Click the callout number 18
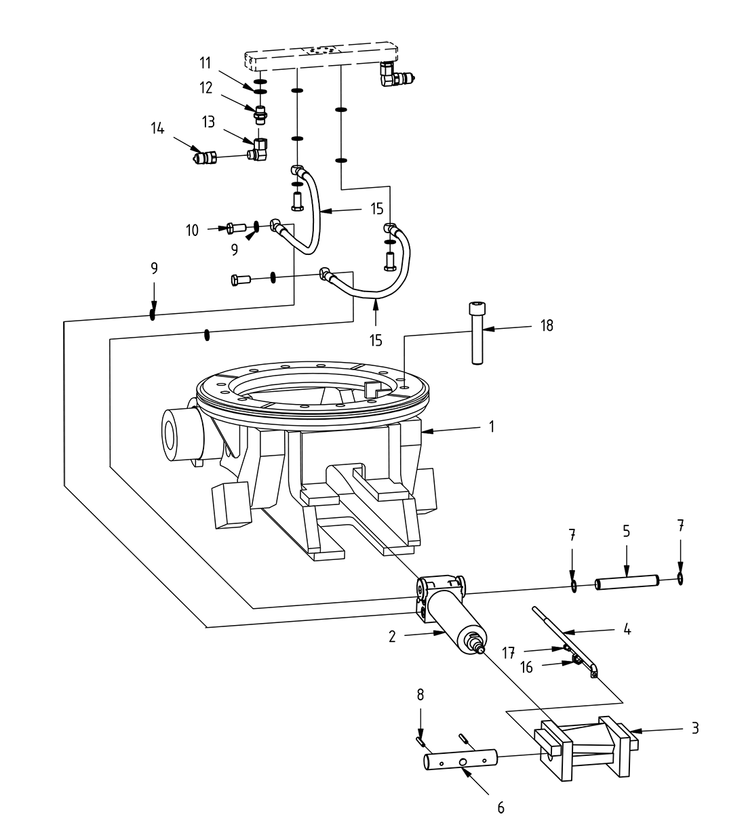[x=547, y=325]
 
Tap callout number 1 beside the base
[x=492, y=427]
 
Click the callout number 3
[x=694, y=729]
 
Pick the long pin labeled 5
[x=627, y=582]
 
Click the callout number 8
[x=420, y=694]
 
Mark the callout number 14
[x=157, y=127]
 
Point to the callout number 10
[x=192, y=231]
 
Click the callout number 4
[x=627, y=630]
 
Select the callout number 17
[x=509, y=652]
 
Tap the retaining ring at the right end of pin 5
[x=680, y=579]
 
